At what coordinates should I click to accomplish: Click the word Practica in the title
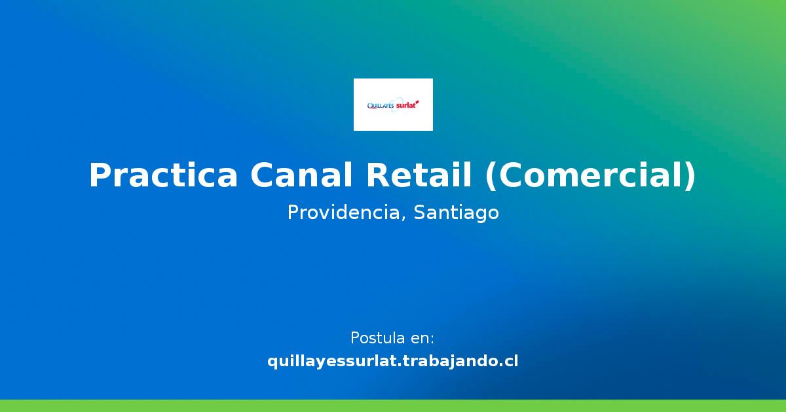coord(162,175)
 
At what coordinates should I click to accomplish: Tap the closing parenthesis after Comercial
coord(690,175)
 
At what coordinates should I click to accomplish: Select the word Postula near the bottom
coord(377,338)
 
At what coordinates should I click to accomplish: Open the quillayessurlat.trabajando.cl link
coord(393,361)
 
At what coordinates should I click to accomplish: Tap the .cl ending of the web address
coord(507,361)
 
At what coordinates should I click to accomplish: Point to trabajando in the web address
coord(451,361)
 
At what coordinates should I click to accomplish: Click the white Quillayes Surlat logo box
coord(393,105)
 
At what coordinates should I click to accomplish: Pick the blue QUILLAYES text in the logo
coord(381,104)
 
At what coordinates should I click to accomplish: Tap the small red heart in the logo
coord(417,101)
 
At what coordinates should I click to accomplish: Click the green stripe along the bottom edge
coord(393,405)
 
